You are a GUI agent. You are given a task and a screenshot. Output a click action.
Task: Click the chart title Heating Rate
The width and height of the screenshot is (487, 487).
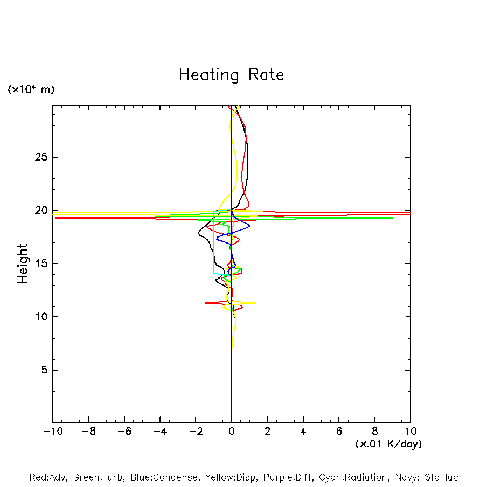tap(231, 74)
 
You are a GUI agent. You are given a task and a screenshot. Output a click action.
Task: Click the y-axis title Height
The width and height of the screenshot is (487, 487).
tap(23, 263)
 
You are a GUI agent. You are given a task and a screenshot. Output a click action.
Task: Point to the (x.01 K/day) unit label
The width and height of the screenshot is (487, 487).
tap(388, 444)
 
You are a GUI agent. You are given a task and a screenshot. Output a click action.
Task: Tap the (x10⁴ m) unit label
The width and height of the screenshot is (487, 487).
tap(31, 89)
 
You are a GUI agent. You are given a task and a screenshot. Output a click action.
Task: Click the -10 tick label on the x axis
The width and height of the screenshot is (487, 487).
tap(52, 432)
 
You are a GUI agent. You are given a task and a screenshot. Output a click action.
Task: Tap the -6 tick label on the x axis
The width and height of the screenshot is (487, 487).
tap(124, 432)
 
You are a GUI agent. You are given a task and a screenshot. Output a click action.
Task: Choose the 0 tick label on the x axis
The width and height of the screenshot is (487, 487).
tap(232, 432)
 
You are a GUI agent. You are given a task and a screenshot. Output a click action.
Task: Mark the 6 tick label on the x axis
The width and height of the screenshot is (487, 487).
tap(339, 432)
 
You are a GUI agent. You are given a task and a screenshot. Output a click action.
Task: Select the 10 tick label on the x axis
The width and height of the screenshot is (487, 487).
tap(411, 432)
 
